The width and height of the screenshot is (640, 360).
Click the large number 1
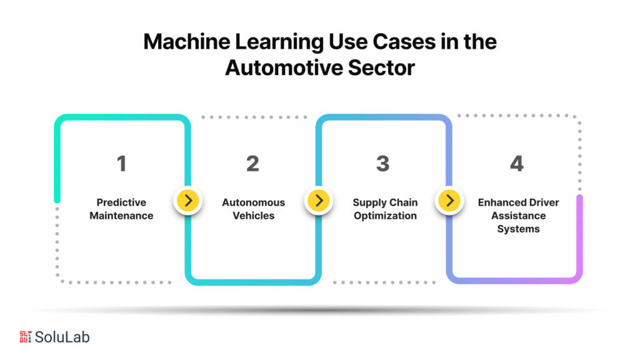[121, 164]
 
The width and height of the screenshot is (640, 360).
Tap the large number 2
[252, 164]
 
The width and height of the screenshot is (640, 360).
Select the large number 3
[382, 164]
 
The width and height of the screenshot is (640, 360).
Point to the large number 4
[516, 164]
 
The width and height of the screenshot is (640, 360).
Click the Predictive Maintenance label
[121, 209]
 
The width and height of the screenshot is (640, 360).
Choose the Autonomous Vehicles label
[253, 209]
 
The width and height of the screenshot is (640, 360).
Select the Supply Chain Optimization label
[385, 209]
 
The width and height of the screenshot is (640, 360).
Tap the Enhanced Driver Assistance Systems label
[518, 216]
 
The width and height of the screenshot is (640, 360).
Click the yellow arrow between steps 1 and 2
[187, 201]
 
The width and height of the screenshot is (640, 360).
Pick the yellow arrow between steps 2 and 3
[319, 201]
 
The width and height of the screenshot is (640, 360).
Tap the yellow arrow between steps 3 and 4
[449, 201]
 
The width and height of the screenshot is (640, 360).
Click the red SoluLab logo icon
[25, 337]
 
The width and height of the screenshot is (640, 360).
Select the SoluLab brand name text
[62, 337]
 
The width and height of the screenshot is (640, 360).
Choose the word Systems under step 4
[518, 229]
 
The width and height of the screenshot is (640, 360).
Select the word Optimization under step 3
[385, 216]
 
